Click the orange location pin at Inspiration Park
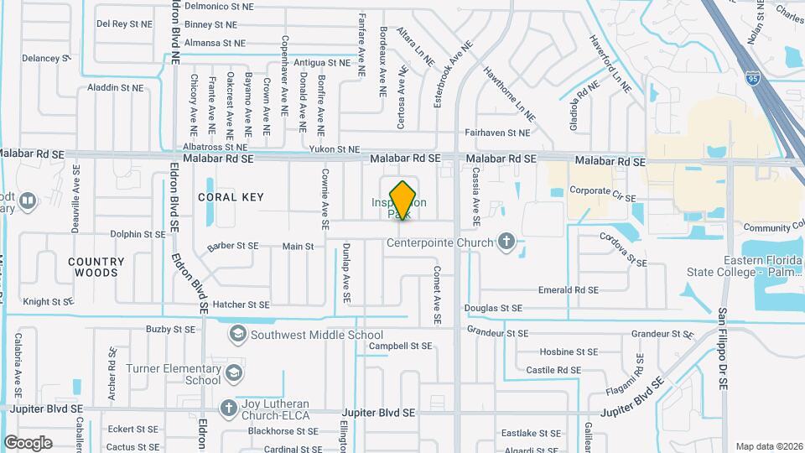point(403,200)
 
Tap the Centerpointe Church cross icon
point(506,243)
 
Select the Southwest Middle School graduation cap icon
point(238,335)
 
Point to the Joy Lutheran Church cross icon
point(227,407)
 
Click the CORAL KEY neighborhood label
point(231,197)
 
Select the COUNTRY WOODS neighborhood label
point(96,267)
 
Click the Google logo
point(28,442)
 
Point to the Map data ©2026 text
point(768,446)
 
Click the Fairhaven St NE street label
point(497,133)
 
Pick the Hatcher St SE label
point(241,305)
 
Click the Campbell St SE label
point(400,346)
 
